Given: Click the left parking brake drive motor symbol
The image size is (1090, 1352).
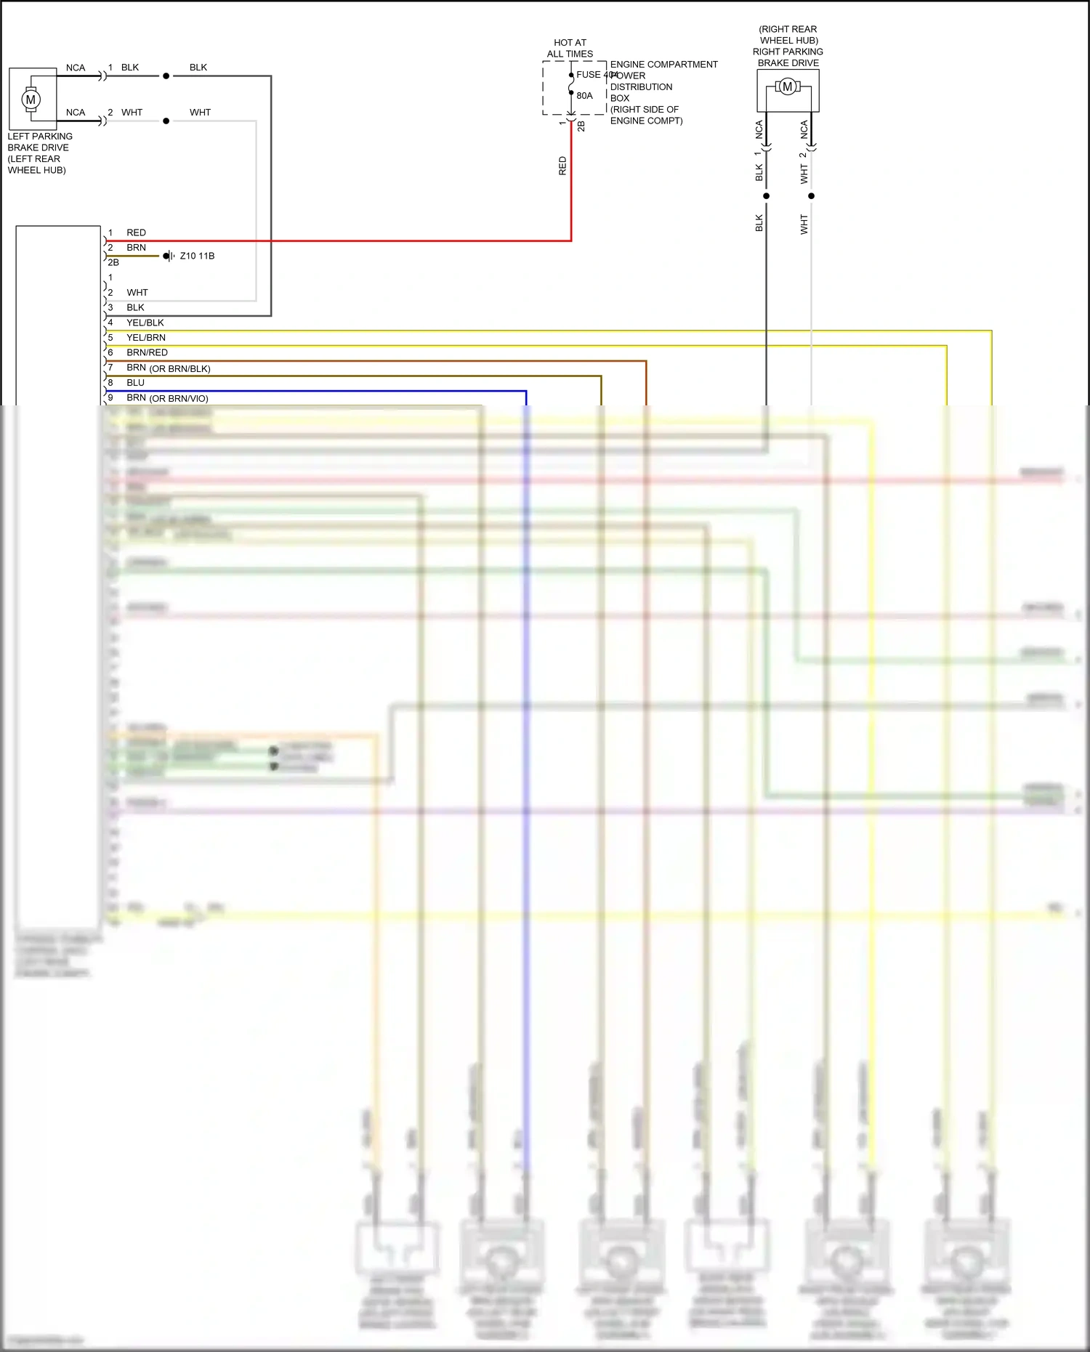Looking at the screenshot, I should point(31,100).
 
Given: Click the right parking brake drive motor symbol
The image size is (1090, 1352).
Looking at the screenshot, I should point(787,87).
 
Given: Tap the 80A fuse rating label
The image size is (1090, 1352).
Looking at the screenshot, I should point(584,96).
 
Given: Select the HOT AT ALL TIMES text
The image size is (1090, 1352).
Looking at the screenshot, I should point(570,48).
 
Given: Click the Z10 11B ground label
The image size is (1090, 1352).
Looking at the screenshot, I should point(197,256).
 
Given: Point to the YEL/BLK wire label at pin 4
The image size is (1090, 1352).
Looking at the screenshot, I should point(145,323).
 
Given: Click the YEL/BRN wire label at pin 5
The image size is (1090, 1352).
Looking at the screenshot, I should point(146,338).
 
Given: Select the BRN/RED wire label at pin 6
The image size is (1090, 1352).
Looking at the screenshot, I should point(147,352).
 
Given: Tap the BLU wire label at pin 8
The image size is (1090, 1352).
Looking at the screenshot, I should point(135,383).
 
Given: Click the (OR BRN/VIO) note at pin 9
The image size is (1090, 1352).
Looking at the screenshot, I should point(179,399).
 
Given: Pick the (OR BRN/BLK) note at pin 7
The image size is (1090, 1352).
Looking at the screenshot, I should point(179,369).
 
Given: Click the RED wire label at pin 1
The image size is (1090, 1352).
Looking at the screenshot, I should point(136,232).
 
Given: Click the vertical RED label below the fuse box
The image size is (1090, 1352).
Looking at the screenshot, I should point(562,166).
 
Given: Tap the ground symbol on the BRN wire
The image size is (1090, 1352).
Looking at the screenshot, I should point(169,256).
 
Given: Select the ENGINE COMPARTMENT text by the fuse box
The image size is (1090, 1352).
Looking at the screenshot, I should point(663,65).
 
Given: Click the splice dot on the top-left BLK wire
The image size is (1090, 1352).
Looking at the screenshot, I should point(166,76).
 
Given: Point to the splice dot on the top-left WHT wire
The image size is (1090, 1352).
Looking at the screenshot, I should point(166,121).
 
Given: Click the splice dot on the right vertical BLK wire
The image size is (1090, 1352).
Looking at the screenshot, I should point(766,196).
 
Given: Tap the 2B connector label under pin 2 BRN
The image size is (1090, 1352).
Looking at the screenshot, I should point(113,263).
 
